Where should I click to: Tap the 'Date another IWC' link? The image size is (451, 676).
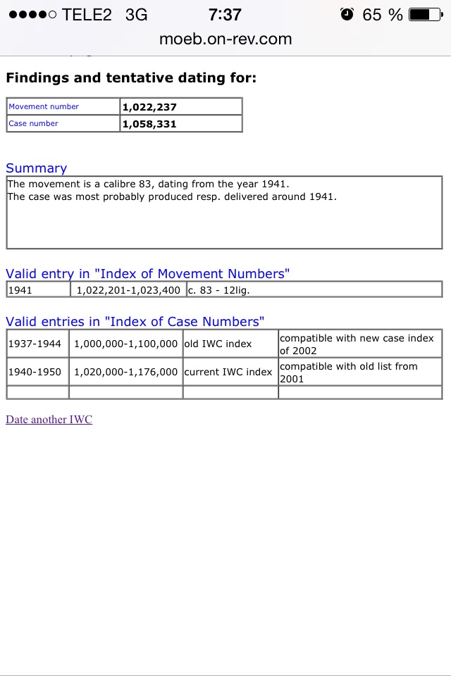click(49, 420)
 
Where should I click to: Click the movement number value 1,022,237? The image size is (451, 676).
click(149, 107)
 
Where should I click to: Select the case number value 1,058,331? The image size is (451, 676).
click(149, 124)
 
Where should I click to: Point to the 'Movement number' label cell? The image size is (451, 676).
click(44, 107)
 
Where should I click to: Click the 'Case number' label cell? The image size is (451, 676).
click(33, 124)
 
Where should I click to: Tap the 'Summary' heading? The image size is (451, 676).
click(36, 168)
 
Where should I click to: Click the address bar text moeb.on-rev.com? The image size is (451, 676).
click(225, 39)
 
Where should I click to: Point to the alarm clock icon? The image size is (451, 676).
click(347, 14)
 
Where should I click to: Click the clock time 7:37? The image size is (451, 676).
click(225, 14)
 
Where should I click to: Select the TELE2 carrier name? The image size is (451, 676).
click(87, 14)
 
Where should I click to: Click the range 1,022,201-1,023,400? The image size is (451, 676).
click(128, 289)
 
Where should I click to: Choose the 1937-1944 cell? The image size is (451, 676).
click(35, 344)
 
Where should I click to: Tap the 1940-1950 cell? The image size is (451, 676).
click(35, 372)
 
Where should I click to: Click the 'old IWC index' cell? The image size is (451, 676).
click(218, 344)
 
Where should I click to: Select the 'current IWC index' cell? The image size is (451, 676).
click(228, 372)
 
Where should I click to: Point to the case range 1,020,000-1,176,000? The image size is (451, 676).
click(125, 372)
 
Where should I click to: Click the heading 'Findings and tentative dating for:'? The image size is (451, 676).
click(131, 77)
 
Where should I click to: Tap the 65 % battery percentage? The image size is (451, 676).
click(383, 14)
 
